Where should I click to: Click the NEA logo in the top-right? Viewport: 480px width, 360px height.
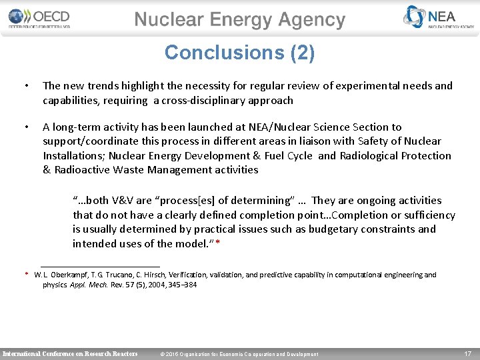pyautogui.click(x=439, y=18)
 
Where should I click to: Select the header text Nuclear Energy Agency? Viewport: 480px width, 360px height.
pyautogui.click(x=240, y=20)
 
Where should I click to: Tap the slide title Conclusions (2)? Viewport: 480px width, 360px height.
pyautogui.click(x=240, y=53)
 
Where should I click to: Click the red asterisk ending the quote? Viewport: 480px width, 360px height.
pyautogui.click(x=218, y=244)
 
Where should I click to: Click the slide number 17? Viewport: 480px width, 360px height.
pyautogui.click(x=468, y=353)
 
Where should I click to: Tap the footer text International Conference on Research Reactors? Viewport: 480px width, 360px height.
pyautogui.click(x=71, y=353)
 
